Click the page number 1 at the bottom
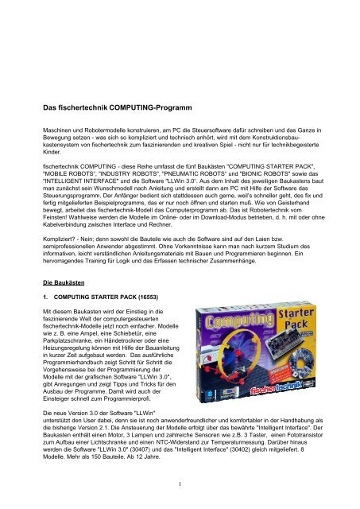[180, 500]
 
